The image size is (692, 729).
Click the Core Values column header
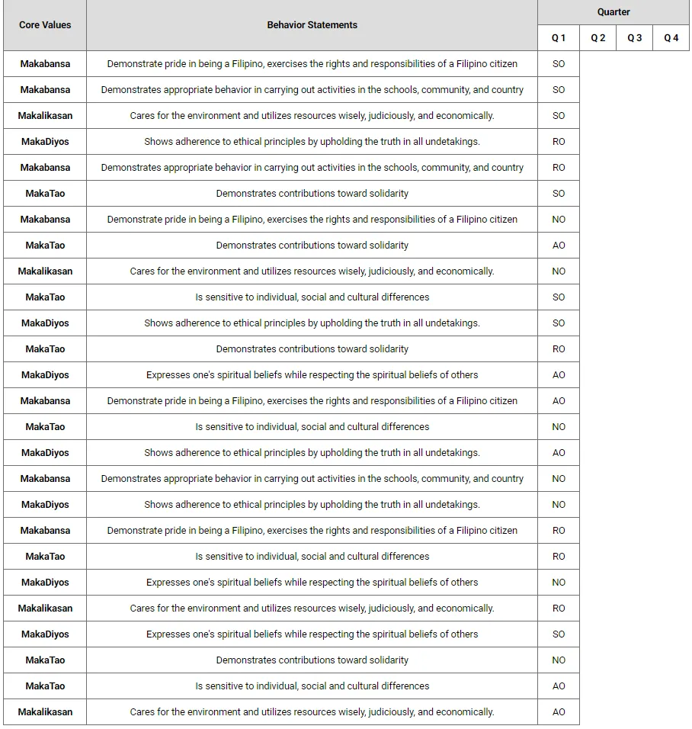[x=45, y=25]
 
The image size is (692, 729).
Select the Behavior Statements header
[x=312, y=25]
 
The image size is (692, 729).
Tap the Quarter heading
[x=614, y=12]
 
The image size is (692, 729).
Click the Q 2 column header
[x=598, y=38]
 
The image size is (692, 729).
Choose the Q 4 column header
[x=671, y=38]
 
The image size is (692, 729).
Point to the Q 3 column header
[x=635, y=38]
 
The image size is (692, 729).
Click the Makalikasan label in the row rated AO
[x=45, y=712]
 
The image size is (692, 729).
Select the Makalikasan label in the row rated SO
[x=45, y=116]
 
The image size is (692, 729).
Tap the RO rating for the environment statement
[x=559, y=609]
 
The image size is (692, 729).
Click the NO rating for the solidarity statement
[x=559, y=660]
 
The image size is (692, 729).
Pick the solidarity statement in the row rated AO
[x=312, y=246]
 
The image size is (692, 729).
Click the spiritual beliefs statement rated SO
[x=312, y=634]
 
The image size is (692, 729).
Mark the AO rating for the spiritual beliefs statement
[x=559, y=375]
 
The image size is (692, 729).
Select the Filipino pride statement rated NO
[x=312, y=220]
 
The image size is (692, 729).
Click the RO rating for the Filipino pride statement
[x=559, y=531]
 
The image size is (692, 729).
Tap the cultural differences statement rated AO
[x=312, y=686]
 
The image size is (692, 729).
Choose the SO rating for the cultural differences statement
[x=559, y=297]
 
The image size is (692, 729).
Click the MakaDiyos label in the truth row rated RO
[x=45, y=142]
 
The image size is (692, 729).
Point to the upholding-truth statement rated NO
[x=312, y=505]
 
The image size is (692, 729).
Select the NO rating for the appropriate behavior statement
[x=559, y=479]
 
